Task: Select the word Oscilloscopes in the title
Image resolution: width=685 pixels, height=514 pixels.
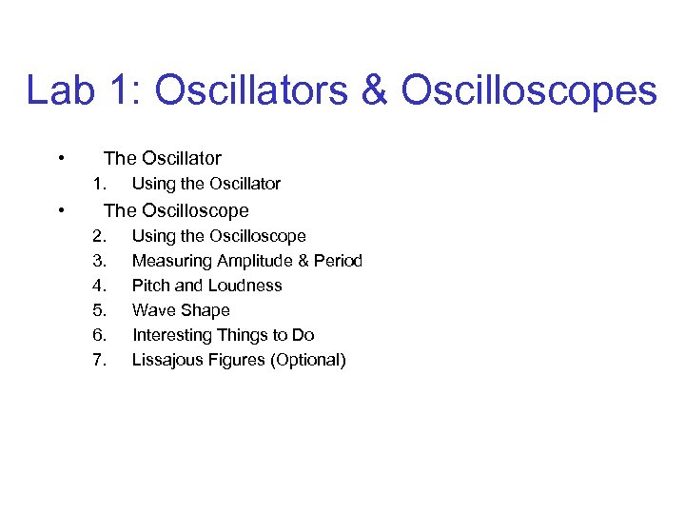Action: pyautogui.click(x=529, y=91)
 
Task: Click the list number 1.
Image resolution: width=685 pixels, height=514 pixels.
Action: pyautogui.click(x=99, y=184)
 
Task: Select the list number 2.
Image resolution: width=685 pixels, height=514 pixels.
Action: pyautogui.click(x=99, y=236)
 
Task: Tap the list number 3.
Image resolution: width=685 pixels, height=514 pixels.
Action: pyautogui.click(x=99, y=261)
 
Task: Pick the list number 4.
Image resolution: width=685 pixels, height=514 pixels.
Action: pyautogui.click(x=99, y=286)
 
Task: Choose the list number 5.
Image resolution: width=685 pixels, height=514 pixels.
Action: pyautogui.click(x=99, y=310)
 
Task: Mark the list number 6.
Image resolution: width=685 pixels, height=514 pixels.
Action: pyautogui.click(x=99, y=335)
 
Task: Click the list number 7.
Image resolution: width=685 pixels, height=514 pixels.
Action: pyautogui.click(x=99, y=360)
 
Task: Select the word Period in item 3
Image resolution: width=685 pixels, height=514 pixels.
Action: pyautogui.click(x=337, y=261)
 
